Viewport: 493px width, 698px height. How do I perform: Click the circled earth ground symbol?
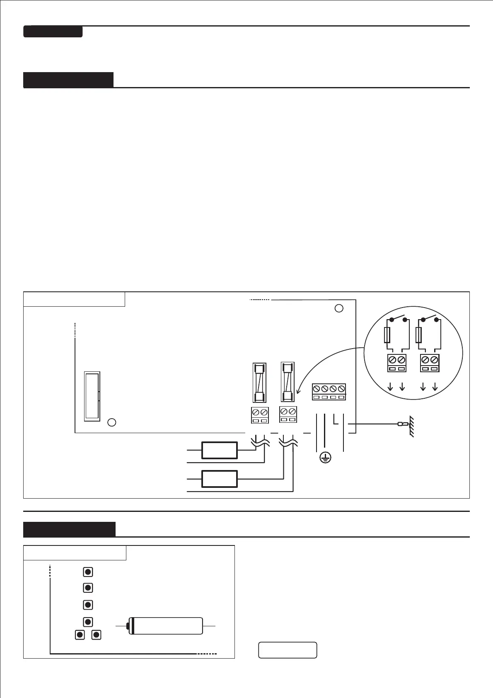tap(326, 458)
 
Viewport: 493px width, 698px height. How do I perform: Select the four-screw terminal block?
tap(329, 392)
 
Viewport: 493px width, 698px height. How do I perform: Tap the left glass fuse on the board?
tap(259, 383)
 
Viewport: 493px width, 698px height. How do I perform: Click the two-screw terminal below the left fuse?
tap(260, 415)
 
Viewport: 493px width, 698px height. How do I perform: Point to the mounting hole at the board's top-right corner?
tap(339, 308)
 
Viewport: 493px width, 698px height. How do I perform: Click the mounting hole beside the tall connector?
tap(111, 422)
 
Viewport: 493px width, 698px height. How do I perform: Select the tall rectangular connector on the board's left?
tap(92, 396)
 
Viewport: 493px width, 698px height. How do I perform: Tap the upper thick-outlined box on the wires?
tap(220, 451)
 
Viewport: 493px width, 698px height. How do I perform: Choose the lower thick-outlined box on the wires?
tap(220, 479)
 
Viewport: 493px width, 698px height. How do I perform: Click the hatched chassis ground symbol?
tap(411, 426)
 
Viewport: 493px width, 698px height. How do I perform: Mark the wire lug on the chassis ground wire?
tap(401, 424)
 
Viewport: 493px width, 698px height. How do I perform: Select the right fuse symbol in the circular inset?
tap(419, 334)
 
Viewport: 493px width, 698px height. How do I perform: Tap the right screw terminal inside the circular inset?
tap(430, 363)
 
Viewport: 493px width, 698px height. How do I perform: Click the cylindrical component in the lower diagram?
tap(166, 625)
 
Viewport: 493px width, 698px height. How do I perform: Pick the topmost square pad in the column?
tap(88, 572)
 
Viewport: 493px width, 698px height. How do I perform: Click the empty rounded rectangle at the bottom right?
tap(288, 650)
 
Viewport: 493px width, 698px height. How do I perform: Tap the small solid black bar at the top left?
tap(53, 32)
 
